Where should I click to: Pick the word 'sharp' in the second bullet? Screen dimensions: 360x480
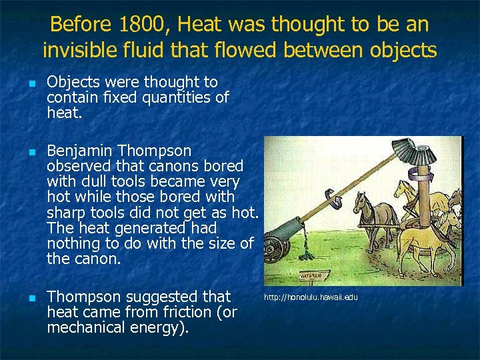[x=65, y=213]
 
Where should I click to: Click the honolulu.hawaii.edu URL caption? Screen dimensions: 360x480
[x=311, y=297]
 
